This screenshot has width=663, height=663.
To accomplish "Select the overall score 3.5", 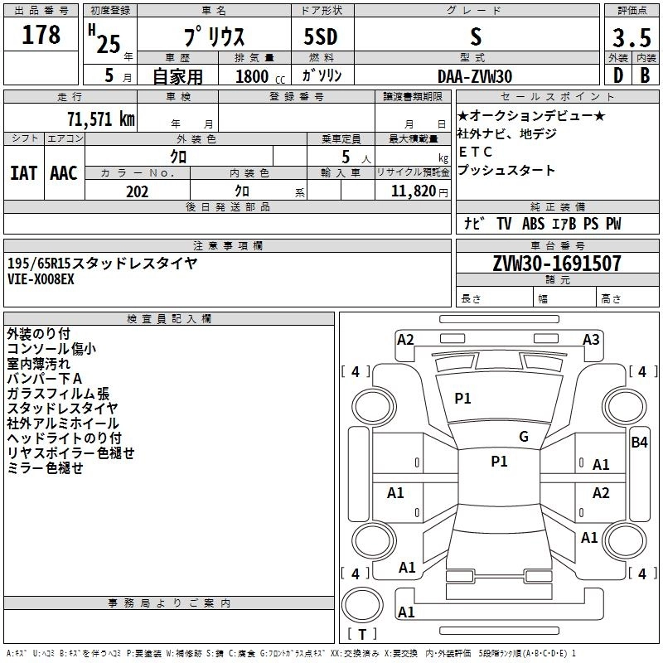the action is (632, 38).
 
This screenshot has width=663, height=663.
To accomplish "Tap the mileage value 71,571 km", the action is (100, 119).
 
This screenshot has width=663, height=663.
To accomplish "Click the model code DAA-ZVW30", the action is (474, 76).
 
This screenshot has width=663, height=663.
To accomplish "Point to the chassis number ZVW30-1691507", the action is (556, 264).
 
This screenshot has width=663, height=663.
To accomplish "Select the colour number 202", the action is (137, 191).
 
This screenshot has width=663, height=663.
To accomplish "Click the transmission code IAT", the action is (23, 173).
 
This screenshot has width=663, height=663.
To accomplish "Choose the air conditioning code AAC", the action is (64, 173).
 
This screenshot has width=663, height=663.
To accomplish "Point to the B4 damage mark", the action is (639, 443).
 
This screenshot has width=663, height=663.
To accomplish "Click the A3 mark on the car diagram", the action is (591, 339).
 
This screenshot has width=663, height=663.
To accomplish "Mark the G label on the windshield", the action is (523, 437).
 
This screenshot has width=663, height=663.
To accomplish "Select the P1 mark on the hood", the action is (462, 399).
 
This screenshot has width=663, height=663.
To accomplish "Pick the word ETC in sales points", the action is (475, 152).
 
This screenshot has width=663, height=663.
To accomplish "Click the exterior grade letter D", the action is (617, 76).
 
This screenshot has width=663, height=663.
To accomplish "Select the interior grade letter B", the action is (645, 76).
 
